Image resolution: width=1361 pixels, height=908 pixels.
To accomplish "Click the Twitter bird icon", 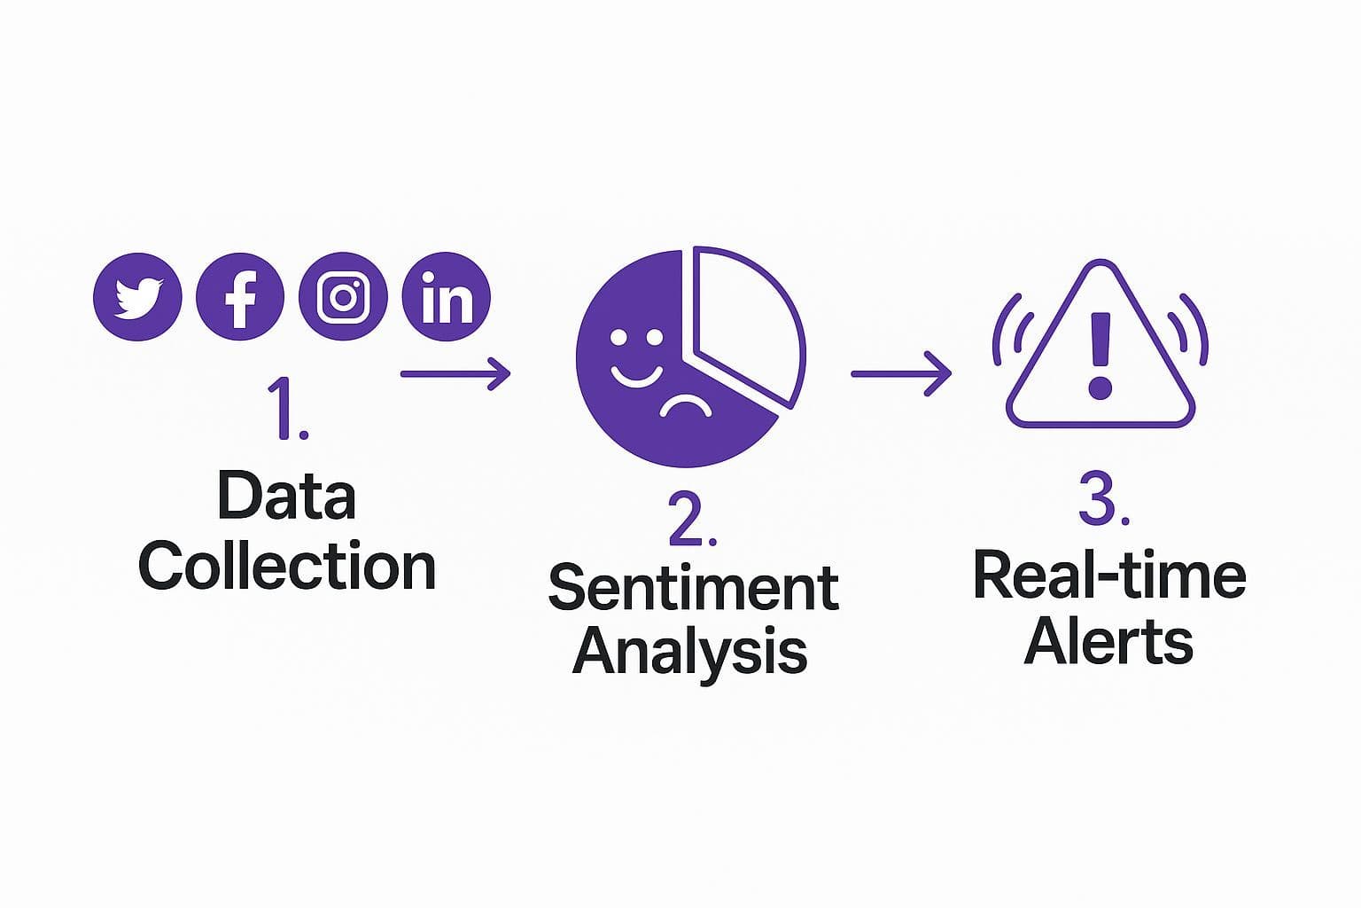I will [x=137, y=297].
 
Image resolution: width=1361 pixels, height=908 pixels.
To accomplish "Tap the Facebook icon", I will [x=240, y=297].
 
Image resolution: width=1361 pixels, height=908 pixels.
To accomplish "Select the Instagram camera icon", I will [x=343, y=297].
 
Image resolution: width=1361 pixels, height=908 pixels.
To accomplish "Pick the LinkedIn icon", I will [x=446, y=297].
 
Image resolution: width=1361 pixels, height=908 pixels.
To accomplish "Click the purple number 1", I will [x=285, y=408].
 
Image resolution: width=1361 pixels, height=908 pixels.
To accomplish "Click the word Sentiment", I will [x=694, y=587].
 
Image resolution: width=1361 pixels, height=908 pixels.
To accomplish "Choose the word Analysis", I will [x=689, y=653].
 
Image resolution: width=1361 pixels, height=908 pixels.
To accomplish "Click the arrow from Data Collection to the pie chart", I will [x=455, y=373].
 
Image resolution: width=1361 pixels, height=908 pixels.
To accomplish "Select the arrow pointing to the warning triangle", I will [x=900, y=373].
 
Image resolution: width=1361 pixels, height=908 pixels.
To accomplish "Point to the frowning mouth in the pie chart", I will [x=685, y=408].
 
